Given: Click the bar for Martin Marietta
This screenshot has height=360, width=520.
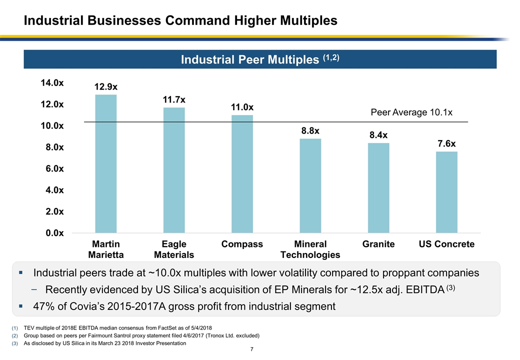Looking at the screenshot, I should point(106,163).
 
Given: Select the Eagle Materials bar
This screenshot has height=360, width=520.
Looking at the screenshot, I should point(174,170).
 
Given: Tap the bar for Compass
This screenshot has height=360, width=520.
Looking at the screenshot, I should point(242,173).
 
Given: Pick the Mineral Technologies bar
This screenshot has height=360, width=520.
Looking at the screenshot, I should point(310,185).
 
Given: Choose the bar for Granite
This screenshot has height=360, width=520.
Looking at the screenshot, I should point(378,187).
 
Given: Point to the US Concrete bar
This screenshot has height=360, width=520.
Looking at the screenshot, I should point(446,192).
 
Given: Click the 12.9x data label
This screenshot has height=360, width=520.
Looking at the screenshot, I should point(106,87).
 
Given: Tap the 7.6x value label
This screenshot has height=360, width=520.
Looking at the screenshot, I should point(446,144).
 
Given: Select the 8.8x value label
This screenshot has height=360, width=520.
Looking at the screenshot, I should point(310,131).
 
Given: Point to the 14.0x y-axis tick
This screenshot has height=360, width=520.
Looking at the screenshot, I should point(52,82).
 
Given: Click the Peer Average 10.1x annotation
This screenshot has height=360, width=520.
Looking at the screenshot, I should point(411,112).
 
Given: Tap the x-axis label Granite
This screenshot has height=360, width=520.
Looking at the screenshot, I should point(378,244).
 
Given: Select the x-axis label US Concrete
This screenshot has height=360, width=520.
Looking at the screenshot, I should point(446,244).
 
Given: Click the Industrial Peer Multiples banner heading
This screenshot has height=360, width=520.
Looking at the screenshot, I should point(259,59).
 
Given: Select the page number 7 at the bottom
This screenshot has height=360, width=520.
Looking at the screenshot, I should point(253,351).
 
